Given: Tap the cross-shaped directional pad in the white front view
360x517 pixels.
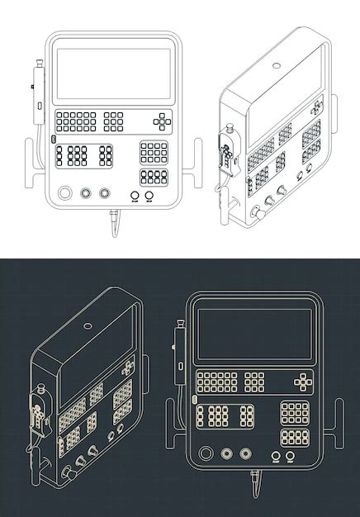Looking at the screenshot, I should point(163,121).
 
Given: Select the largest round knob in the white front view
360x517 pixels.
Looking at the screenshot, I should point(65,194).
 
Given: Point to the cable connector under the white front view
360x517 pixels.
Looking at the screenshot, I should point(113,221).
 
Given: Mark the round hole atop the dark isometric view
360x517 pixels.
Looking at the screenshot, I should point(88,325).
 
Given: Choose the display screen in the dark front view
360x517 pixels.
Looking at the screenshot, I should point(254,334).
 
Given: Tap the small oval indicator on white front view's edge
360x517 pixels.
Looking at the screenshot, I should point(53,140).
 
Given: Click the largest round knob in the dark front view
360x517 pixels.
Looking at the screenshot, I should point(206,453).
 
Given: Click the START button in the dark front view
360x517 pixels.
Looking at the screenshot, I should point(276,456).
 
